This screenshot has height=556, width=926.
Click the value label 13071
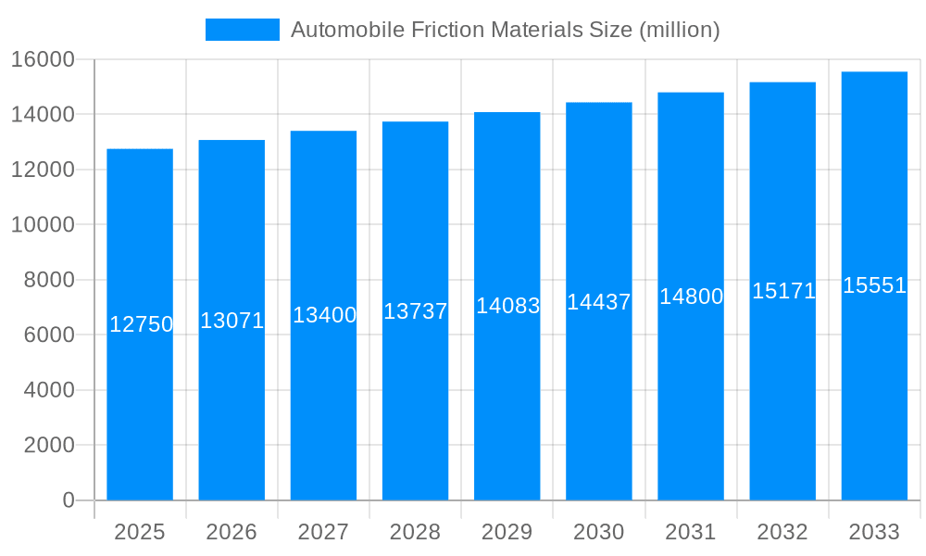point(232,321)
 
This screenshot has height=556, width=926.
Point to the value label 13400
point(324,315)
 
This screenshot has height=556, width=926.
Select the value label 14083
point(507,306)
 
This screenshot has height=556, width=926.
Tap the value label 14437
point(599,302)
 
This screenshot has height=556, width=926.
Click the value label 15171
point(783,291)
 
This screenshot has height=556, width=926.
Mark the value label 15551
point(874,285)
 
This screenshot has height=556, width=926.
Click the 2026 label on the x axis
point(231,532)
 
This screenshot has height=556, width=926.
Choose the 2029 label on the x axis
point(507,532)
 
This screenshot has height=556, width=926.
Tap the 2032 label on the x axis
point(782,532)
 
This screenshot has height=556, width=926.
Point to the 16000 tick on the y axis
point(43,59)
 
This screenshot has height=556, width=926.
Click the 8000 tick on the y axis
point(48,280)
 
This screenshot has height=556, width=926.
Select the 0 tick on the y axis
point(68,500)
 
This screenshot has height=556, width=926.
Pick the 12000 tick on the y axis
point(43,170)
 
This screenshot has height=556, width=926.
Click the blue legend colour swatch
point(242,30)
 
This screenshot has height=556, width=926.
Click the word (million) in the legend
point(680,30)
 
